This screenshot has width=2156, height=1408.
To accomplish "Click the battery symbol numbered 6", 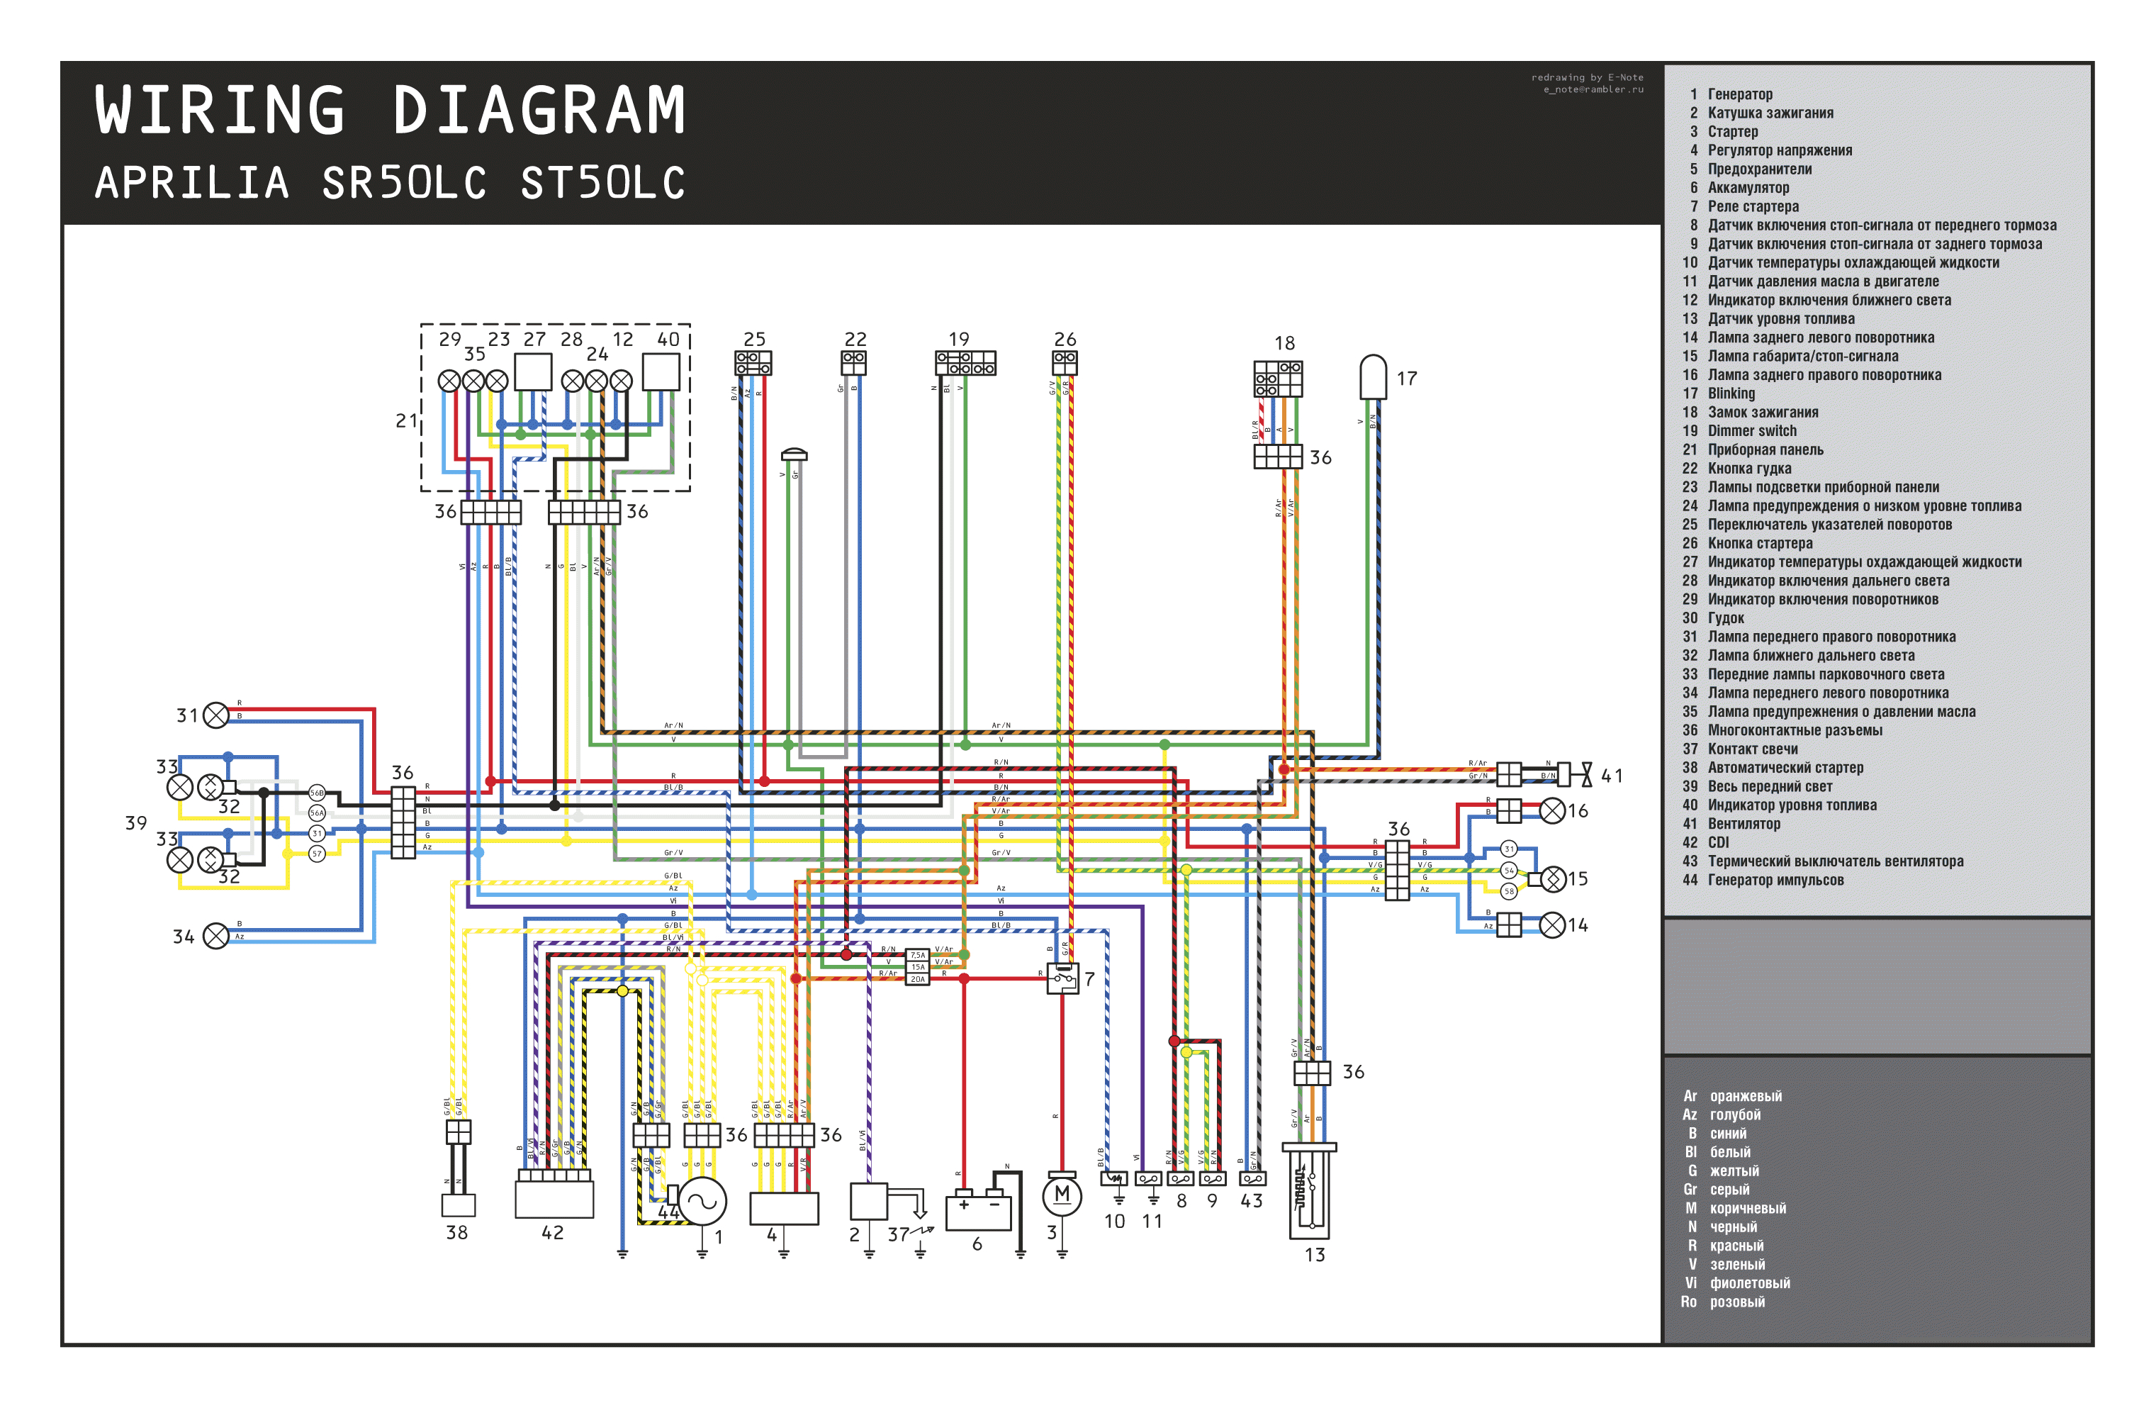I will click(x=977, y=1212).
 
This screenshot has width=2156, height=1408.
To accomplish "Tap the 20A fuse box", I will click(x=918, y=978).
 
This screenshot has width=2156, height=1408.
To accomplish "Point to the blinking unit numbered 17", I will click(x=1374, y=376).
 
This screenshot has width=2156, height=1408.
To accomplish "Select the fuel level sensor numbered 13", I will click(x=1309, y=1192).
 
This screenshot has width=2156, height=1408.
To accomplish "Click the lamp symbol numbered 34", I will click(x=215, y=935).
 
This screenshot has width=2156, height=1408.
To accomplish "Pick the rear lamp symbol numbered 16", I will click(x=1553, y=810).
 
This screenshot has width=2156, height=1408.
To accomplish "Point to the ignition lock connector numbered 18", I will click(x=1278, y=379).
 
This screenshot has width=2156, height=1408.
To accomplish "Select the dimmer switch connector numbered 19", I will click(x=966, y=363).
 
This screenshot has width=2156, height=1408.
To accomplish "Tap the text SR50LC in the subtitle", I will click(x=404, y=183).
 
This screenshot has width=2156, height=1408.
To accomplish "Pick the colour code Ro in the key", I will click(x=1688, y=1301).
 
